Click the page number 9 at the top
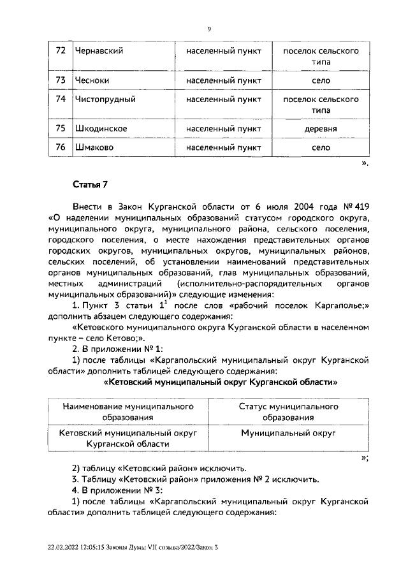[x=209, y=29]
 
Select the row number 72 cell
[x=61, y=50]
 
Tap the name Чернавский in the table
[x=99, y=50]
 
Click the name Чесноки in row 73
[x=94, y=80]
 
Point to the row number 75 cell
[x=61, y=129]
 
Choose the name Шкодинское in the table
[x=101, y=129]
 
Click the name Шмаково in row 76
[x=94, y=148]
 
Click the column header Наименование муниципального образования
[x=128, y=412]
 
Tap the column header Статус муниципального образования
[x=288, y=412]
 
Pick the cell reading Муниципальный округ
[x=288, y=433]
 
